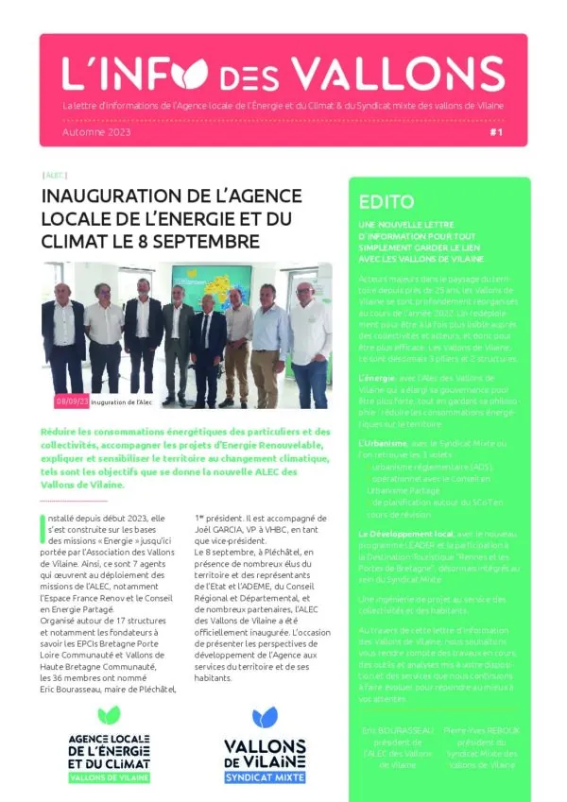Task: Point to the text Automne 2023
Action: (96, 133)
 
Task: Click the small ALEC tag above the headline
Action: (55, 176)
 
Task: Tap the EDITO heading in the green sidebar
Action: (387, 201)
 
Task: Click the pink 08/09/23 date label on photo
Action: (73, 401)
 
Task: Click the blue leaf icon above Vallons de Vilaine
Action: (265, 719)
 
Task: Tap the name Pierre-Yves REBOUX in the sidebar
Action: (482, 730)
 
